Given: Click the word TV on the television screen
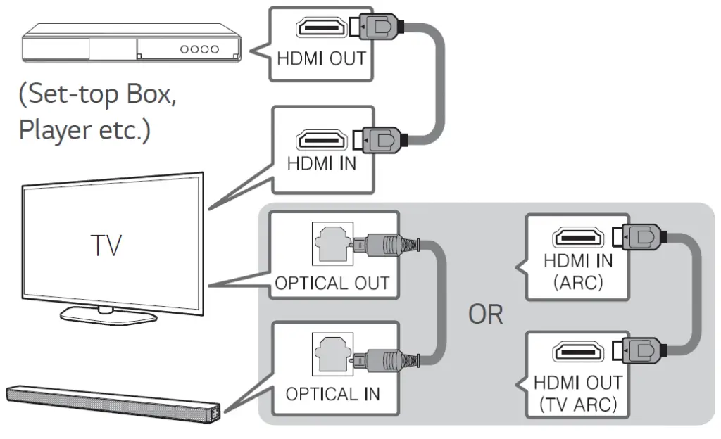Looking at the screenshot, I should click(106, 246).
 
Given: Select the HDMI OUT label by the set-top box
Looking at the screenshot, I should click(321, 59).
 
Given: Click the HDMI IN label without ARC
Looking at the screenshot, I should click(322, 164).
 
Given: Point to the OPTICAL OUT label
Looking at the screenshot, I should click(332, 284).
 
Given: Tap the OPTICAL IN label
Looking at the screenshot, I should click(332, 393).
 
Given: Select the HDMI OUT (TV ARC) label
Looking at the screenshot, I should click(577, 394).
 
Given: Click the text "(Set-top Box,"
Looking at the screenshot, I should click(97, 96).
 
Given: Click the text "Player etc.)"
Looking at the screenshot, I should click(84, 132).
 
